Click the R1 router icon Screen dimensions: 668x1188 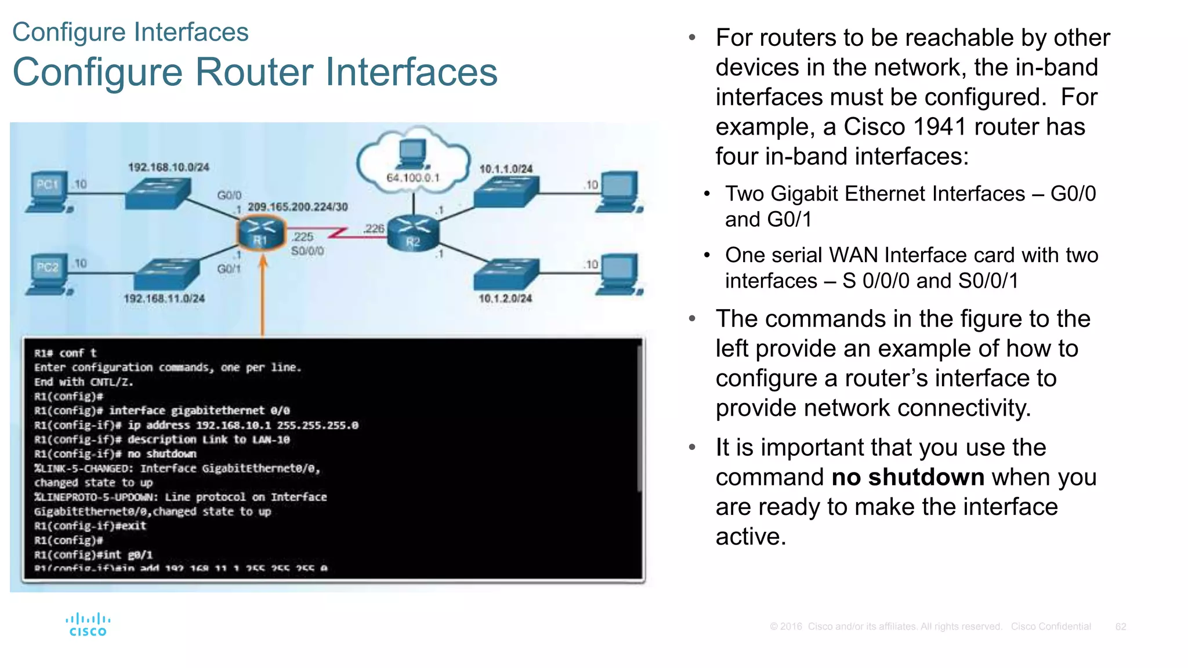tap(260, 233)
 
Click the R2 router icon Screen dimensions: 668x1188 tap(413, 233)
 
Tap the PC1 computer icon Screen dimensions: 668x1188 tap(49, 192)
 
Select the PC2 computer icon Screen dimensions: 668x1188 tap(49, 274)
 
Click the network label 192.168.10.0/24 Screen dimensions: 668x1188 tap(168, 167)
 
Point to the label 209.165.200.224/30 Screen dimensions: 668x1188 tap(298, 207)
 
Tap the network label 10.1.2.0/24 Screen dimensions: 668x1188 tap(505, 298)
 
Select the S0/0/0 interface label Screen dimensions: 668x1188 tap(307, 251)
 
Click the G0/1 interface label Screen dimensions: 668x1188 tap(229, 269)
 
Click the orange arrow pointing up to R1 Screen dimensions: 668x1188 tap(263, 296)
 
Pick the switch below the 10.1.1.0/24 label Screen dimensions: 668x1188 tap(506, 192)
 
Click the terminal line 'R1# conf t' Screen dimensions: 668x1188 tap(66, 353)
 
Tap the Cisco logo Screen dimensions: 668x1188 tap(88, 625)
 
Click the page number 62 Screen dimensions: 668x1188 tap(1120, 627)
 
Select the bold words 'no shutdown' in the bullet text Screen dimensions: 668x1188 tap(907, 477)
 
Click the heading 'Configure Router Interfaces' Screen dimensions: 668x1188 tap(255, 72)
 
